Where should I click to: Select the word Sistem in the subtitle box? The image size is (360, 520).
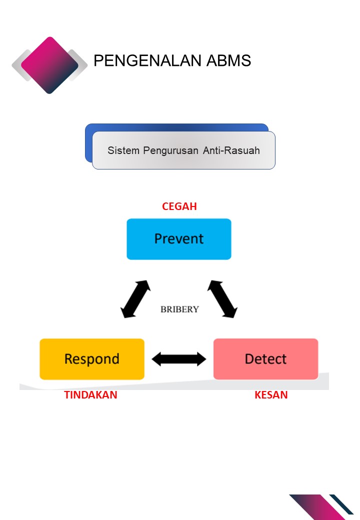pyautogui.click(x=123, y=150)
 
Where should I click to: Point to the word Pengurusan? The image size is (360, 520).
pyautogui.click(x=171, y=150)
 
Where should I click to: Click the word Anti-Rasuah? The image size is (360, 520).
pyautogui.click(x=231, y=150)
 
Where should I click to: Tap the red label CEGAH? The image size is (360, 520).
pyautogui.click(x=179, y=206)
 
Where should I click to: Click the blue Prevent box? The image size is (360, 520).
pyautogui.click(x=179, y=239)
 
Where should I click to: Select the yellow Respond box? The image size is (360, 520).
pyautogui.click(x=92, y=359)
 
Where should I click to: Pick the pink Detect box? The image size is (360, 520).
pyautogui.click(x=265, y=359)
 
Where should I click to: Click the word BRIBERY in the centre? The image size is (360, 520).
pyautogui.click(x=179, y=309)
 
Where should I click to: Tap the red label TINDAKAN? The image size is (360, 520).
pyautogui.click(x=90, y=395)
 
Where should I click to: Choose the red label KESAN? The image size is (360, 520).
pyautogui.click(x=271, y=395)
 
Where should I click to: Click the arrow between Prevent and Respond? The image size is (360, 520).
pyautogui.click(x=135, y=299)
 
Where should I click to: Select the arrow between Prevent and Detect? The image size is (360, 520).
pyautogui.click(x=222, y=299)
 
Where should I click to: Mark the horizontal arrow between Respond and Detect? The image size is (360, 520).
pyautogui.click(x=179, y=359)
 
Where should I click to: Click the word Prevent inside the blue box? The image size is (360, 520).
pyautogui.click(x=179, y=239)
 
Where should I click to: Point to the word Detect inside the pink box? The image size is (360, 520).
pyautogui.click(x=265, y=359)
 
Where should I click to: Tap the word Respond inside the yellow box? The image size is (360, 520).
pyautogui.click(x=92, y=359)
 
